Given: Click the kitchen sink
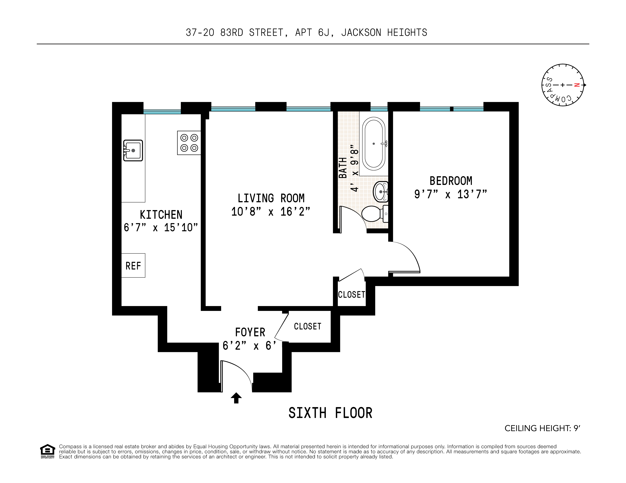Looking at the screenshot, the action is pos(133,150).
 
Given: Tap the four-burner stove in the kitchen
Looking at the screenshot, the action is pos(189,143).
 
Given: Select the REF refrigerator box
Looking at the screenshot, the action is pos(133,265).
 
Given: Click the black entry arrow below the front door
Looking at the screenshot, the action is pos(236,398).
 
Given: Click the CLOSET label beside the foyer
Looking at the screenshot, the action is pos(308,326).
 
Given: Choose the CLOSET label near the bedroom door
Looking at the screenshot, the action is pos(351,295).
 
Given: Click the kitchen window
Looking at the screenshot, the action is pos(162,112).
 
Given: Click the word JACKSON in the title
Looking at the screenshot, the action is pos(361,33).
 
